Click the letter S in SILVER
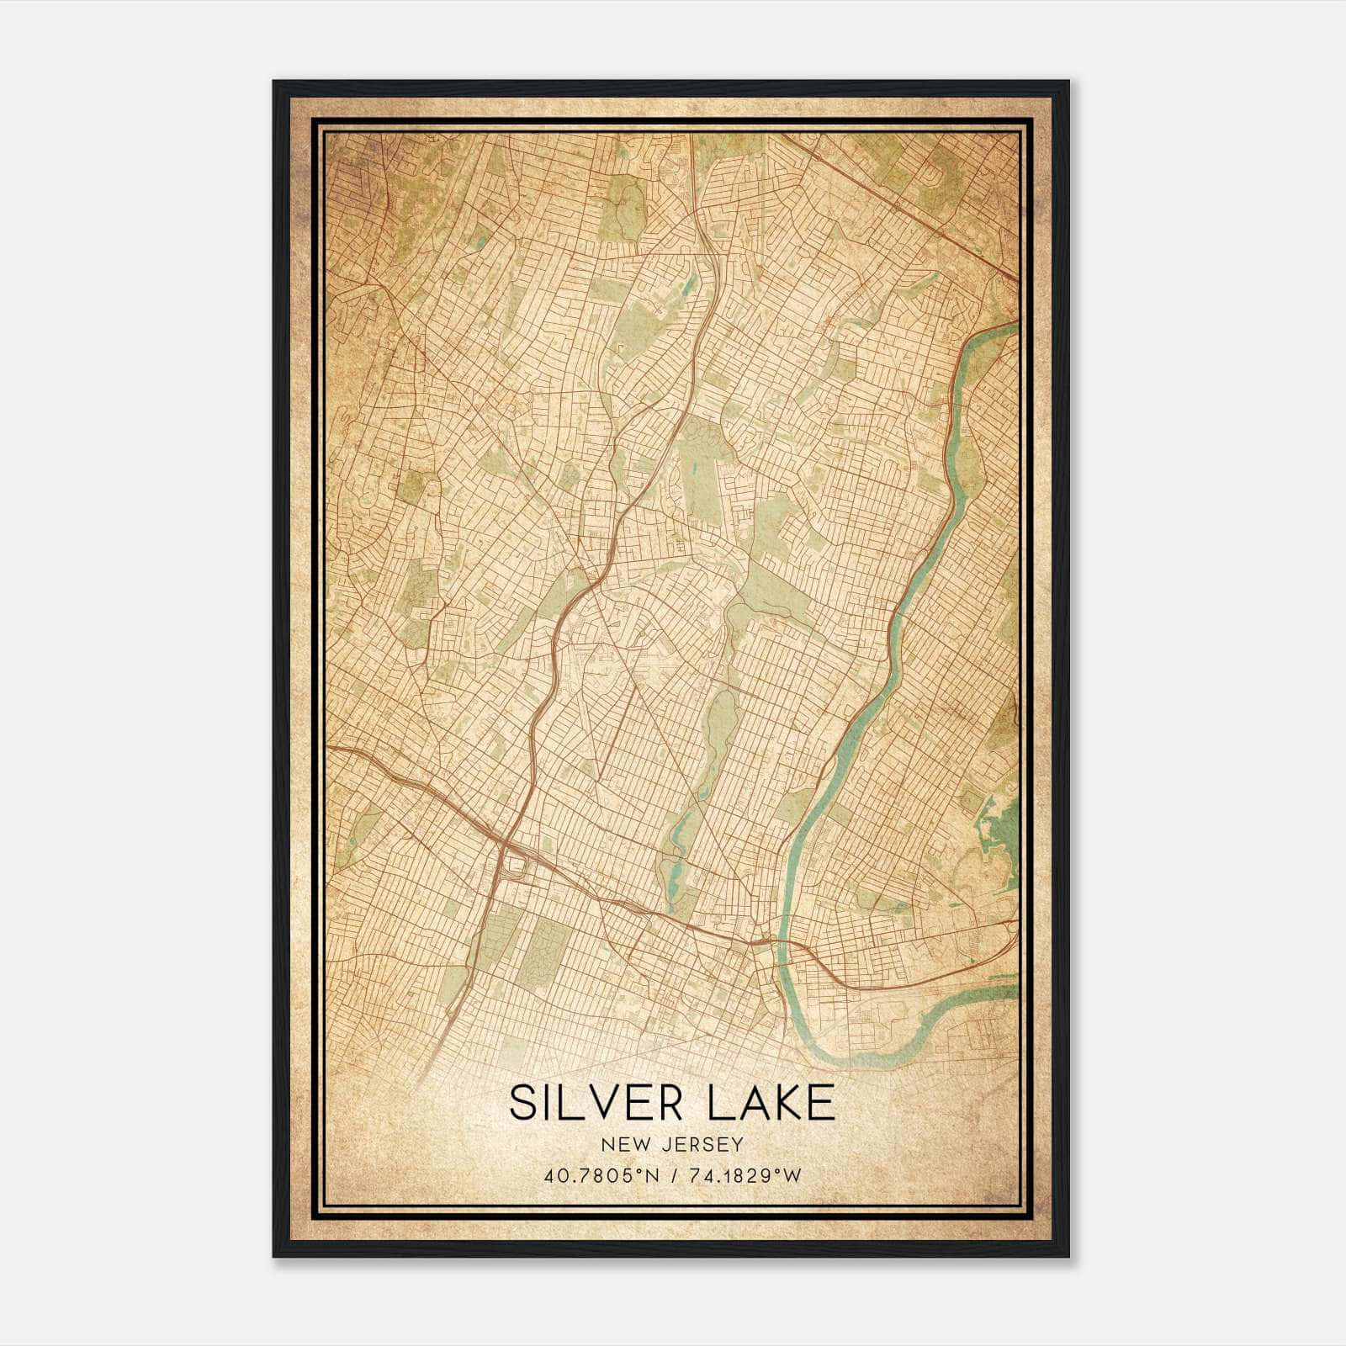tap(522, 1103)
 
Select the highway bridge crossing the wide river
tap(783, 942)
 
